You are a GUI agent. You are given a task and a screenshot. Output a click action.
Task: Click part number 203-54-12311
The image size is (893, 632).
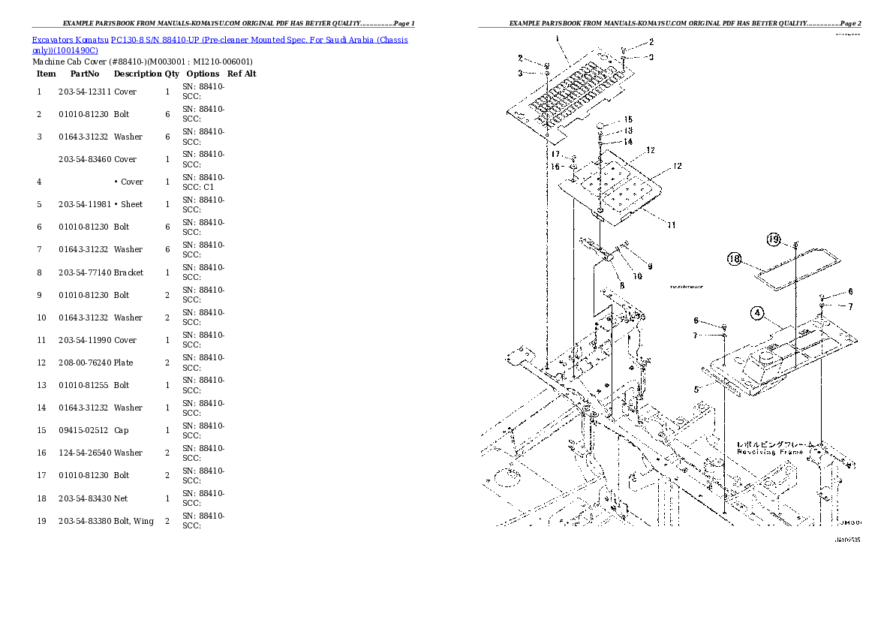[x=84, y=92]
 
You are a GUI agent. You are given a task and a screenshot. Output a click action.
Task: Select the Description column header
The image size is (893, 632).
[x=137, y=74]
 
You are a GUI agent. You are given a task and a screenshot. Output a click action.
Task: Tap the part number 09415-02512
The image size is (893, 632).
[x=84, y=430]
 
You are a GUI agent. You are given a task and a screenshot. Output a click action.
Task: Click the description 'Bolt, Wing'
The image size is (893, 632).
[x=134, y=521]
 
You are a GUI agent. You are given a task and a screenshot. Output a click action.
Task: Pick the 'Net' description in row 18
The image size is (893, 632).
[x=121, y=498]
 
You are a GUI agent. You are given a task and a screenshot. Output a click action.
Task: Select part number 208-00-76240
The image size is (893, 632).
[x=84, y=363]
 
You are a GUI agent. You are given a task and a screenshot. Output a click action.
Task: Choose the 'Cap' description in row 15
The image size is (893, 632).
[x=121, y=430]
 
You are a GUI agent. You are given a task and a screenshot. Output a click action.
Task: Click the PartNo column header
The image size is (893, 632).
[x=84, y=74]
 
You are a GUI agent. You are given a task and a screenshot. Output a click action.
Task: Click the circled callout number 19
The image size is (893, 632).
[x=774, y=240]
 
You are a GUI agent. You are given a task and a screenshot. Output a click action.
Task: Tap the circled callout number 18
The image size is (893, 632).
[x=735, y=259]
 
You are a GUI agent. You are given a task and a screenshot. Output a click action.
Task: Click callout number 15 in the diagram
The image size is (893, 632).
[x=627, y=120]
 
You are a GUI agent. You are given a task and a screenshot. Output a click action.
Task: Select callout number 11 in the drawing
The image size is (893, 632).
[x=672, y=224]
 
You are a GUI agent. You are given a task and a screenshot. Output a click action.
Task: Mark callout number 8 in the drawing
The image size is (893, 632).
[x=621, y=285]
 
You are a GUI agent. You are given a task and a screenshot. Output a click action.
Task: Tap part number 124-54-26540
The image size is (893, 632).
[x=84, y=453]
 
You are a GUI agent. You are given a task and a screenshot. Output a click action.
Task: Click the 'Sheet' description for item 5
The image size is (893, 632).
[x=131, y=204]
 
